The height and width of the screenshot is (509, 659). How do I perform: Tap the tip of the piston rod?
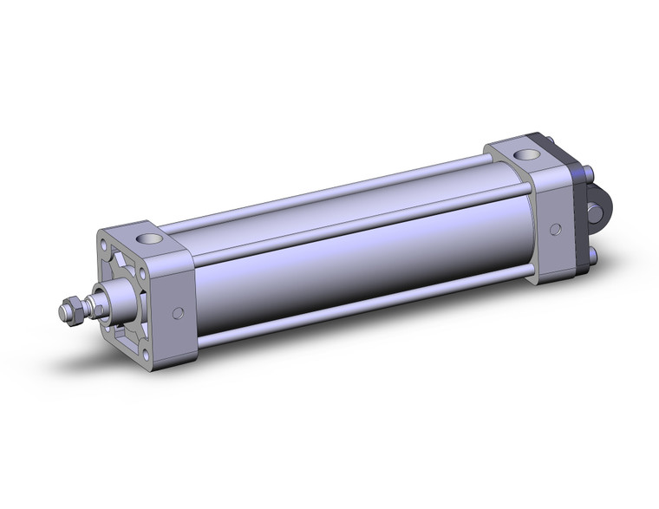(x=62, y=309)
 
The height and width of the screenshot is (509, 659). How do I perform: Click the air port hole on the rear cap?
(x=526, y=156)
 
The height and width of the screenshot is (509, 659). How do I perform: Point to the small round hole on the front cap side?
(x=179, y=313)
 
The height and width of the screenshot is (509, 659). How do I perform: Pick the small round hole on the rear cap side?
(x=554, y=230)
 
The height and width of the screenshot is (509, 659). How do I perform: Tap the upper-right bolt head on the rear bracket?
(x=588, y=173)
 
